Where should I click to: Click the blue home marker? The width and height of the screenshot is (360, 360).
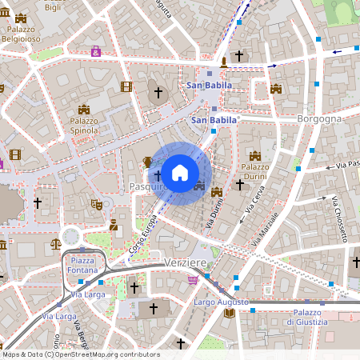(180, 173)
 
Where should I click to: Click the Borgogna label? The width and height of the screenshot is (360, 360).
(319, 118)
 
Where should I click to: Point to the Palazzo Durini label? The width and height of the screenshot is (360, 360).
(255, 170)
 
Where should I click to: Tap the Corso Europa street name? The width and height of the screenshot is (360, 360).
(143, 238)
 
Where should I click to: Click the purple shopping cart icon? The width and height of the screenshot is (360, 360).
(192, 280)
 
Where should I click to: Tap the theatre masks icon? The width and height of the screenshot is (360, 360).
(97, 204)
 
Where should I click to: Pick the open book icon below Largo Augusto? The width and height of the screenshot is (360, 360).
(230, 313)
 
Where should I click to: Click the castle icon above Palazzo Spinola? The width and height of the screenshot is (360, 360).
(84, 110)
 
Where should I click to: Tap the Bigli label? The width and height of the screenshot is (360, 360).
(53, 7)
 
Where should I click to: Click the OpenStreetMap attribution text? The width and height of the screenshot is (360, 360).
(80, 354)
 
